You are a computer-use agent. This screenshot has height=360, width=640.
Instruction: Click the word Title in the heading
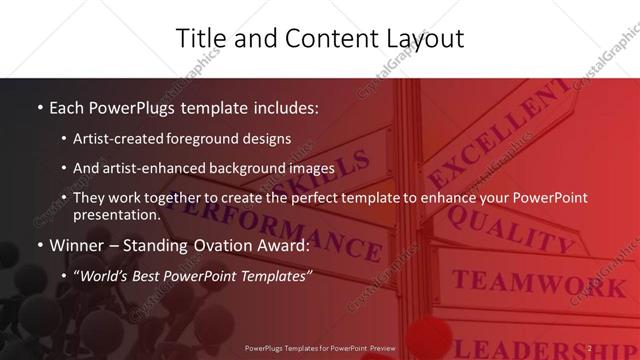tap(200, 39)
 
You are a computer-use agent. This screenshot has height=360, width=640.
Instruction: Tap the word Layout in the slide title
tap(421, 39)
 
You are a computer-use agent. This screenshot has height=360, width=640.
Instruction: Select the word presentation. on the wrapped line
tap(117, 214)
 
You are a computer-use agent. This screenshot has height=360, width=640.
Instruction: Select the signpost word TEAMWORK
tap(526, 284)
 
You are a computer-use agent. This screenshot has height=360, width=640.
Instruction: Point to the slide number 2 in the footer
tap(591, 349)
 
